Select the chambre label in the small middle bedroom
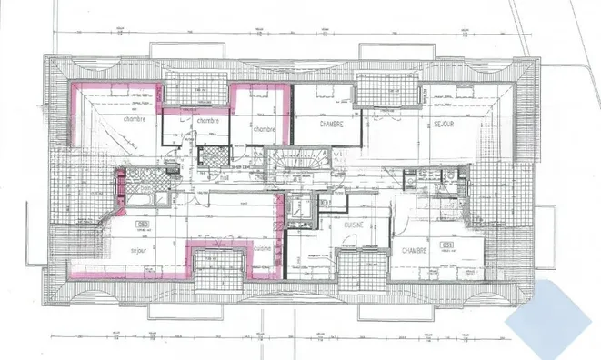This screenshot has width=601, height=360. [x=207, y=121]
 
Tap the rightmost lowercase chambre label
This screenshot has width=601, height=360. [x=264, y=129]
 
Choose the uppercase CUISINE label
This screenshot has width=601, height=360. [x=355, y=222]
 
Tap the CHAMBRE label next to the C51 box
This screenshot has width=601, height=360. [x=414, y=251]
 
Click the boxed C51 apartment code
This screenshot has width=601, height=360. [x=446, y=245]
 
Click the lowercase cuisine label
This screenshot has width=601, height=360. [x=263, y=247]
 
